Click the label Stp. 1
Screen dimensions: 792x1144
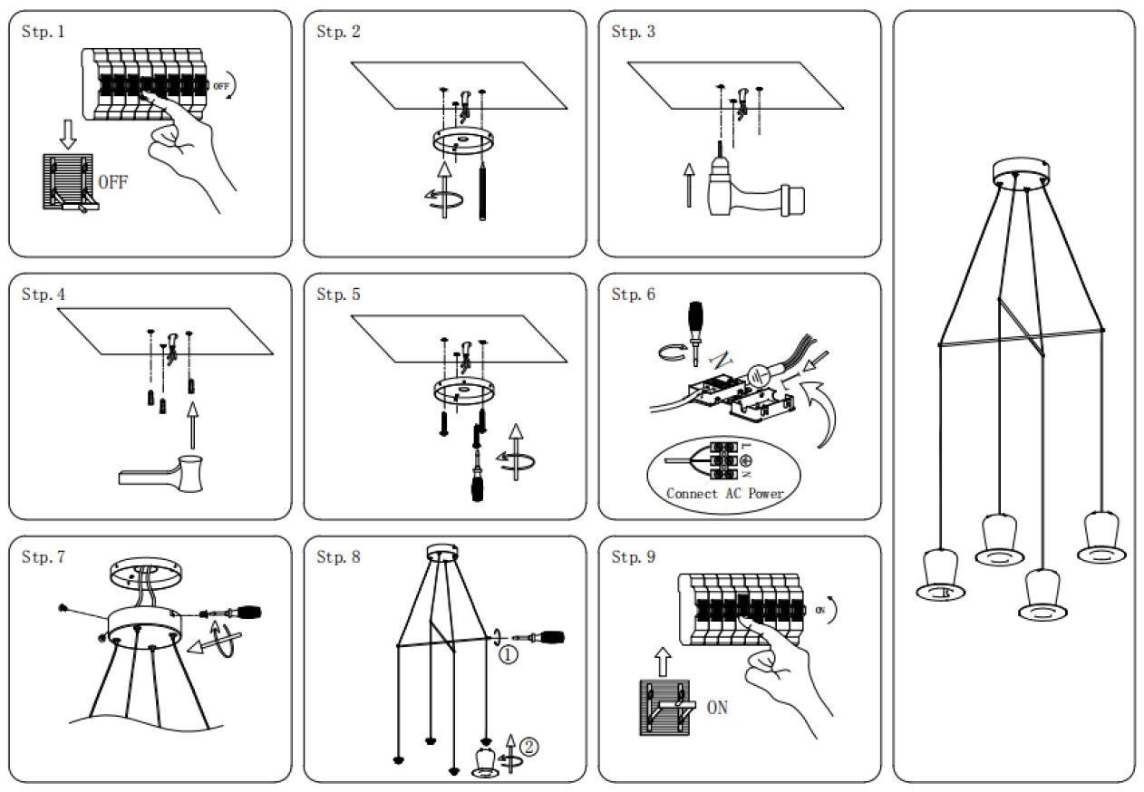pos(44,32)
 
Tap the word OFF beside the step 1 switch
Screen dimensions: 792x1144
pos(113,182)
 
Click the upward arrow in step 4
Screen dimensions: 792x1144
pos(190,423)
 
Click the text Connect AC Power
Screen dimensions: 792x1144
pos(724,494)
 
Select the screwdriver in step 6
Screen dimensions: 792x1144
pos(697,327)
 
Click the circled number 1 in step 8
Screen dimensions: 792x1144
pos(509,653)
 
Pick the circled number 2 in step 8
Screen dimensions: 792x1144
pos(528,748)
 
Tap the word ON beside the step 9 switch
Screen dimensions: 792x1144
pos(717,708)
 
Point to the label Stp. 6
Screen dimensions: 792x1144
pos(633,295)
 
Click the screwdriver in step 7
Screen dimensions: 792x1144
pos(238,613)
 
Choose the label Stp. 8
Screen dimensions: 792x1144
pos(338,557)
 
